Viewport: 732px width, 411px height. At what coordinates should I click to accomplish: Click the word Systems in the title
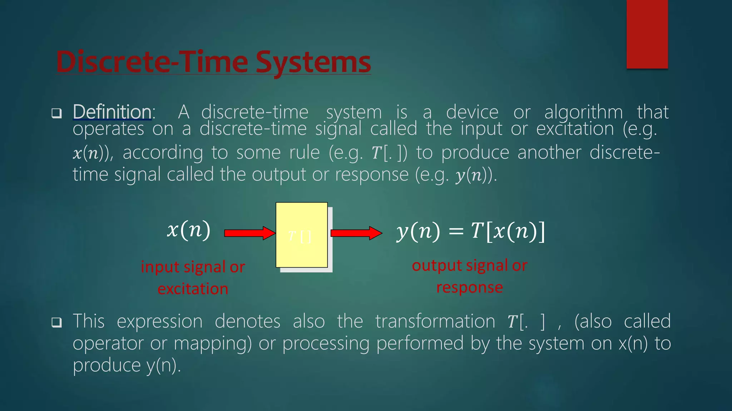(x=313, y=62)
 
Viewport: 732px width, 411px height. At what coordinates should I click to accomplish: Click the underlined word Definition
(x=112, y=112)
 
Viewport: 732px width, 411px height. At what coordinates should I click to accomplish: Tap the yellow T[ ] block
(x=302, y=235)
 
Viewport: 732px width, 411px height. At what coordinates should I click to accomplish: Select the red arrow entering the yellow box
(x=249, y=233)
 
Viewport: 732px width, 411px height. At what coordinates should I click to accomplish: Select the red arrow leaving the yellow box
(x=356, y=233)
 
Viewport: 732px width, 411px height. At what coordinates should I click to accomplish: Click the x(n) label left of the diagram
(x=189, y=230)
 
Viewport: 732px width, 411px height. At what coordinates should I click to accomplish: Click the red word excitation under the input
(x=193, y=289)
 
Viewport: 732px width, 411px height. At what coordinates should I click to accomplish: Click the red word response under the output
(x=469, y=287)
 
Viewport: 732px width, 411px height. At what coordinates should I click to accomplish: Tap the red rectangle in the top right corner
(x=647, y=34)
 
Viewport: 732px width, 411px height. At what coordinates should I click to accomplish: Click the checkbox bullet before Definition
(x=56, y=113)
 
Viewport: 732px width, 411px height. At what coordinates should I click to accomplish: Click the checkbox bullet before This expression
(x=56, y=323)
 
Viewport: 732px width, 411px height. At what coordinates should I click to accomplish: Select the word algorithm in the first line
(x=583, y=113)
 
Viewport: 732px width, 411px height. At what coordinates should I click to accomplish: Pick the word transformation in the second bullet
(x=435, y=321)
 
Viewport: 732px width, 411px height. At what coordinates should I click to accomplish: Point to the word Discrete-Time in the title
(x=152, y=62)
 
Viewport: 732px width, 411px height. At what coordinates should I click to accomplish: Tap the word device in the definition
(x=472, y=113)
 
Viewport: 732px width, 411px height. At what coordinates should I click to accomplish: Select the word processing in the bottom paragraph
(x=326, y=344)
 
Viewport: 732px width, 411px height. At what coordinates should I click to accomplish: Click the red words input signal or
(x=193, y=267)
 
